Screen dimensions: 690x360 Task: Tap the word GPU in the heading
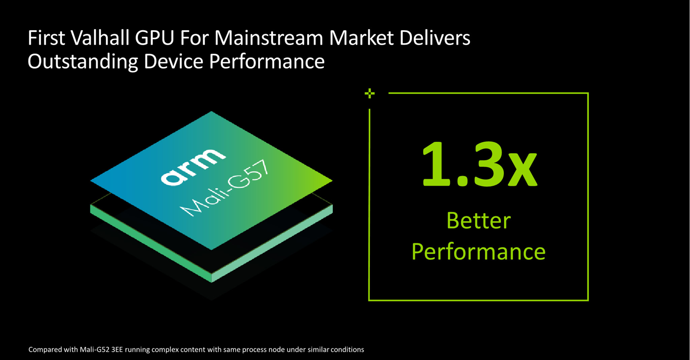point(155,37)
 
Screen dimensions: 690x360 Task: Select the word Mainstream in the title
point(269,37)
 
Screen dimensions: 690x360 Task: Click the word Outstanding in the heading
point(83,62)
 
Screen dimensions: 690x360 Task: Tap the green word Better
point(478,221)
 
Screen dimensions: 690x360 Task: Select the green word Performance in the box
point(478,252)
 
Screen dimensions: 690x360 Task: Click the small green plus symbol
point(370,93)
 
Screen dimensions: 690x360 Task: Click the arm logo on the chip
point(193,167)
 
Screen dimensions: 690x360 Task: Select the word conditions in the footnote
point(347,350)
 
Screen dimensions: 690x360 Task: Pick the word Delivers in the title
point(435,37)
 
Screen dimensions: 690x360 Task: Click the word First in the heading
point(46,37)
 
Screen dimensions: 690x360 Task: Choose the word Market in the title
point(361,37)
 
